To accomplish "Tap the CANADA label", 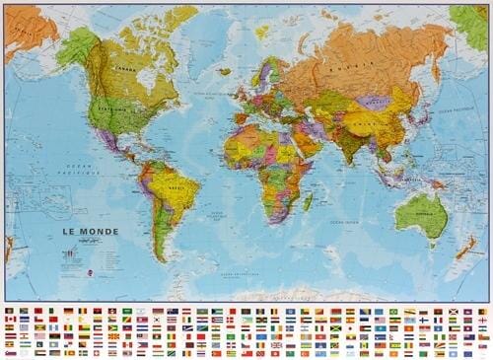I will pyautogui.click(x=123, y=70).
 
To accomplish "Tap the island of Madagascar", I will pyautogui.click(x=308, y=201).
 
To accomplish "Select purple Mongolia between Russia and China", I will pyautogui.click(x=373, y=101).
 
